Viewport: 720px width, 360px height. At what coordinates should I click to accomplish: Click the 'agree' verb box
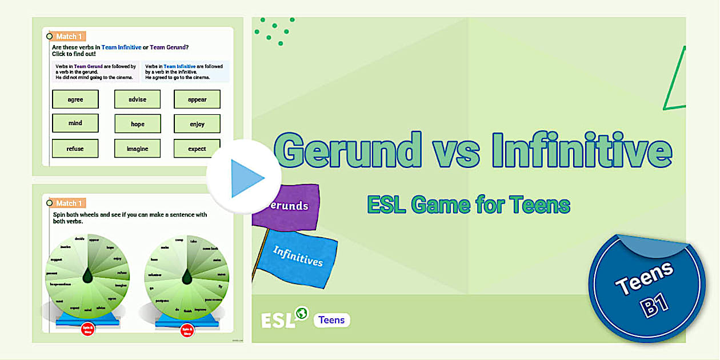tap(75, 99)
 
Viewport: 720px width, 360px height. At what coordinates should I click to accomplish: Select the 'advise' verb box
tap(137, 99)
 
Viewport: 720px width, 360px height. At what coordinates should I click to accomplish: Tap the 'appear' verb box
tap(197, 99)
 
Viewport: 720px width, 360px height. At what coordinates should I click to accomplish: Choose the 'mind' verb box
tap(75, 123)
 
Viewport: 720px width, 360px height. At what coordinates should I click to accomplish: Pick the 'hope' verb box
tap(137, 124)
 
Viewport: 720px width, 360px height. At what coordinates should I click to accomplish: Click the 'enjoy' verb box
tap(197, 124)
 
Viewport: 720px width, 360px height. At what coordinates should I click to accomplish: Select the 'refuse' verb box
tap(75, 149)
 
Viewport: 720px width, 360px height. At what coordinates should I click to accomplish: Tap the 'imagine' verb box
tap(137, 149)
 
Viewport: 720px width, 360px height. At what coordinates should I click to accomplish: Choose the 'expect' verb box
tap(197, 149)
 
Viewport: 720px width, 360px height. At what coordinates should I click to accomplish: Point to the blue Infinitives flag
tap(297, 256)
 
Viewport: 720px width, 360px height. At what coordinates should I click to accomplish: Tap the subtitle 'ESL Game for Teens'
tap(469, 205)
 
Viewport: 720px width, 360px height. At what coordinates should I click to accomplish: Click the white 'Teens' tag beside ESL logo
tap(331, 320)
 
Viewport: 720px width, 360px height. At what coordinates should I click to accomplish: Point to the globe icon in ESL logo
tap(301, 313)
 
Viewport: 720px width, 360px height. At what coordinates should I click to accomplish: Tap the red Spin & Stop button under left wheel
tap(88, 330)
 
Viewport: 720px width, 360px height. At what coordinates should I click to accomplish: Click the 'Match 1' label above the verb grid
tap(69, 37)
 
